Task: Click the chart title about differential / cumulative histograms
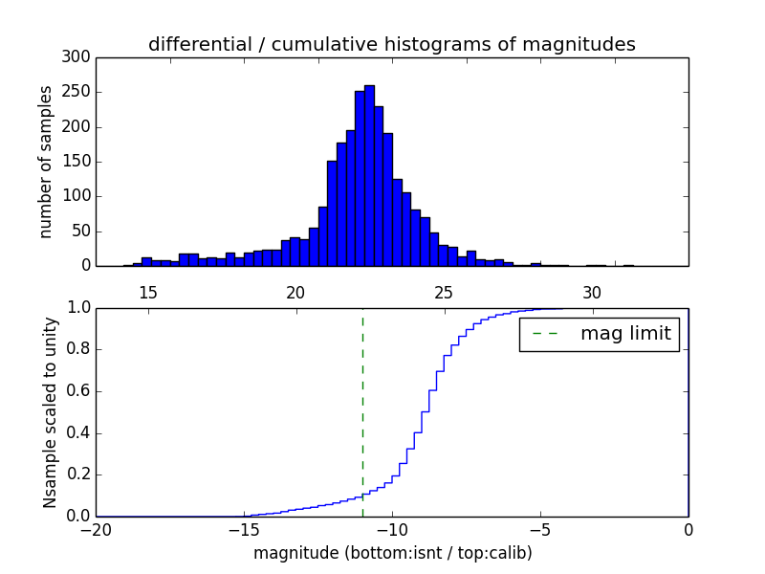click(391, 44)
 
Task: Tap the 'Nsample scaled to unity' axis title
click(50, 412)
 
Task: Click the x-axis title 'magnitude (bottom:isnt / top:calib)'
click(392, 553)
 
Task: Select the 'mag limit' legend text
click(625, 334)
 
